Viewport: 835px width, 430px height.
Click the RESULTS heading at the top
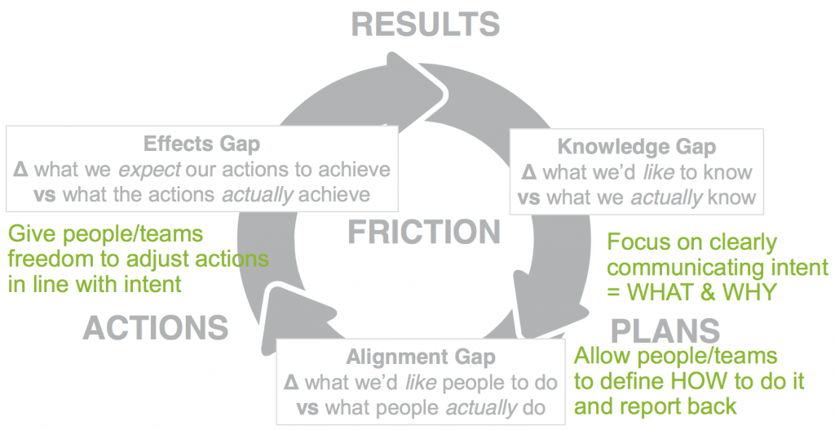coord(425,24)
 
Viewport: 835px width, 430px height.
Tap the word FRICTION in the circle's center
coord(424,232)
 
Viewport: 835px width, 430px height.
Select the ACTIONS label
coord(156,327)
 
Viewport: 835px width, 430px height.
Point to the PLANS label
coord(665,330)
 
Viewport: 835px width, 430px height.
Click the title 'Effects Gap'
coord(202,144)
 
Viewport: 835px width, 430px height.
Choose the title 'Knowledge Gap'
coord(636,148)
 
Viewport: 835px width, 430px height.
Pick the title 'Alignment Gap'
coord(420,357)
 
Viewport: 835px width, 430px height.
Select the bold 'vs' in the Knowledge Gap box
coord(529,197)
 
